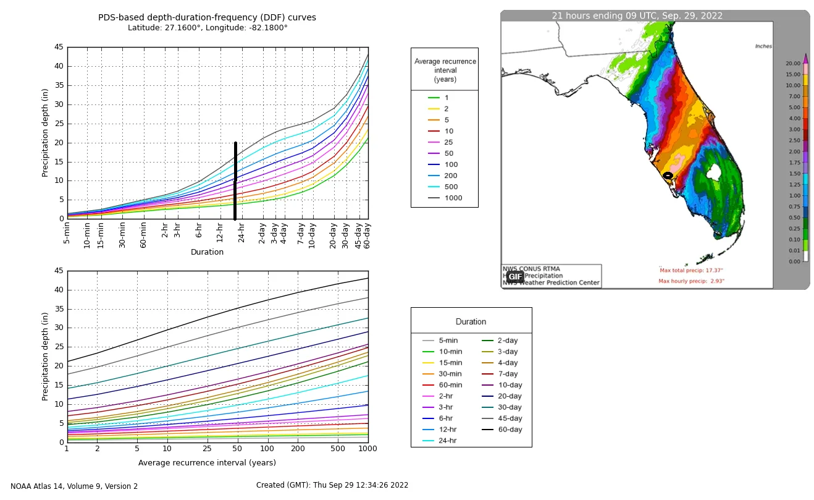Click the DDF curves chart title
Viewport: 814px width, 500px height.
click(207, 17)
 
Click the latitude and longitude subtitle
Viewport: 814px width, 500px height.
click(208, 28)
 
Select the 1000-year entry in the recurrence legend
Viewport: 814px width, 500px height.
click(453, 198)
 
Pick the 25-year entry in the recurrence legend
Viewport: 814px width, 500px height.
click(448, 143)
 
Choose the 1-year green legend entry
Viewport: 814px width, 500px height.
click(447, 98)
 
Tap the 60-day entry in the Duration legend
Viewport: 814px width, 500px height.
click(510, 430)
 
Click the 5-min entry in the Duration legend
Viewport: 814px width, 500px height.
click(448, 341)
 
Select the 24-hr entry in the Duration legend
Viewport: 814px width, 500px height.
click(448, 441)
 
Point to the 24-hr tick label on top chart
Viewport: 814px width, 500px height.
click(241, 233)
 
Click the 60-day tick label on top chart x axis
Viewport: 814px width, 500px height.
click(366, 234)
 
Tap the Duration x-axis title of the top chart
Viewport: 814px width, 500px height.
click(207, 252)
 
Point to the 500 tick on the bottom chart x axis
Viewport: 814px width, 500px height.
click(337, 449)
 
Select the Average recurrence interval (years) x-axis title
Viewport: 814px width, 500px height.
click(207, 463)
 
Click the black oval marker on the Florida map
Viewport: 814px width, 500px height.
click(668, 176)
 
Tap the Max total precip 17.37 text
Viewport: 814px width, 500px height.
click(691, 271)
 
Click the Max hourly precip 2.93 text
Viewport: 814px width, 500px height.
click(691, 281)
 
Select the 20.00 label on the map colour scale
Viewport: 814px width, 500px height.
click(793, 63)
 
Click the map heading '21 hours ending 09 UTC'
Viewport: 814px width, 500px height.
click(637, 16)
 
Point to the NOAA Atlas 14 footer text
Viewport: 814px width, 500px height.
click(74, 486)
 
